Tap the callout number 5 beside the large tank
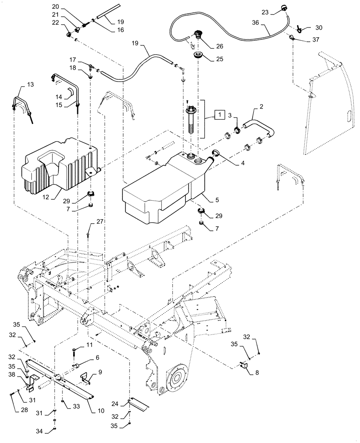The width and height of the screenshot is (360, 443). pyautogui.click(x=217, y=201)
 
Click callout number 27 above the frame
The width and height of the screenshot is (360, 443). pyautogui.click(x=100, y=222)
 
